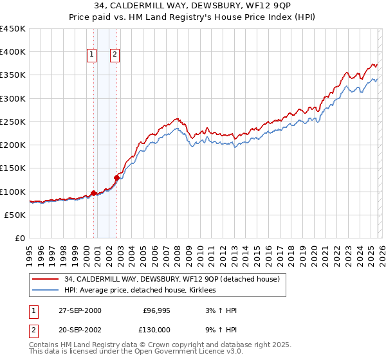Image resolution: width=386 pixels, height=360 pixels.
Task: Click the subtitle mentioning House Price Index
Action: [192, 18]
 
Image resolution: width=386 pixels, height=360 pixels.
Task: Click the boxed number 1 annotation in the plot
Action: [93, 55]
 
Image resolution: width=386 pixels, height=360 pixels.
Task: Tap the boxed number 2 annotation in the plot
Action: [115, 55]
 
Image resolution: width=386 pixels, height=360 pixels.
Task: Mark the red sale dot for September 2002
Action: [116, 177]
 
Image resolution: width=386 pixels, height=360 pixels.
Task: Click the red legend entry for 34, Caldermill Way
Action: [172, 280]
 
